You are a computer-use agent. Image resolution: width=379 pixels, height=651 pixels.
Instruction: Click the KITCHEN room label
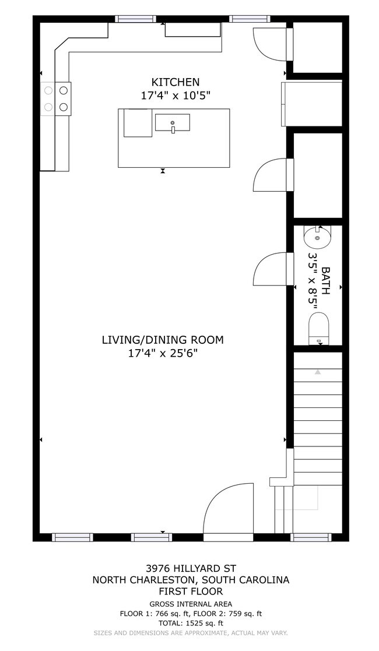coord(176,82)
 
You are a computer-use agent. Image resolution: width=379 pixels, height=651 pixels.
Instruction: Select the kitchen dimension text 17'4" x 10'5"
coord(176,96)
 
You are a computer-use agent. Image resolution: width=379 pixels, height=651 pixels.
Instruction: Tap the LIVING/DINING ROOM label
coord(163,340)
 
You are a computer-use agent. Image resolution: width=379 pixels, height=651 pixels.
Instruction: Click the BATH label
coord(325,280)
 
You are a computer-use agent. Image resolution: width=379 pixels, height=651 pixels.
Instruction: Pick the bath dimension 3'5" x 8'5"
coord(313,280)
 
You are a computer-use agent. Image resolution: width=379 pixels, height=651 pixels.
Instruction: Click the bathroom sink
coord(317,237)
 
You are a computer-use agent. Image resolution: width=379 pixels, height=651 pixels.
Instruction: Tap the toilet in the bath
coord(318,328)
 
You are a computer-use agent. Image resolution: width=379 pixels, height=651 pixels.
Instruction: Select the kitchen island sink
coord(173,123)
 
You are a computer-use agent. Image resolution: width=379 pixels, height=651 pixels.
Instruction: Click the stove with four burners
coord(55,98)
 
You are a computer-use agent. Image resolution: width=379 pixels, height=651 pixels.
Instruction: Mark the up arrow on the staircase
coord(318,371)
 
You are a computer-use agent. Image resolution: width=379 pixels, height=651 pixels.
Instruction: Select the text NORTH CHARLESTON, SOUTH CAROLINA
coord(191,580)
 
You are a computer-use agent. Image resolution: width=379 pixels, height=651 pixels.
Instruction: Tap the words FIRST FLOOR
coord(191,591)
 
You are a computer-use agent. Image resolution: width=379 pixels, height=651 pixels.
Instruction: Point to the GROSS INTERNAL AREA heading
coord(191,604)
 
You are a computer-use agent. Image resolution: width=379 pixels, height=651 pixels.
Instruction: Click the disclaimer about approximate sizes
coord(191,632)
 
